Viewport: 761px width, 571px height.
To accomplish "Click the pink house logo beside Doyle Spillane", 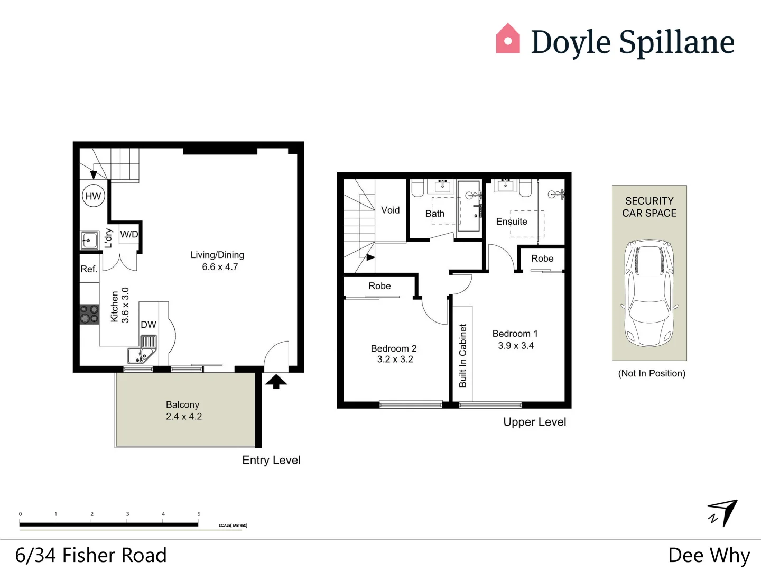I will [507, 39].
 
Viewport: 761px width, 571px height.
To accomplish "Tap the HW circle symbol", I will [93, 196].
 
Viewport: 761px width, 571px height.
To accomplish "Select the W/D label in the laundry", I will [129, 234].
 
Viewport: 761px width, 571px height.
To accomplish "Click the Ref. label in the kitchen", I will [89, 269].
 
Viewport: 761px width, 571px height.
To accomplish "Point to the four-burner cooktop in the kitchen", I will [89, 314].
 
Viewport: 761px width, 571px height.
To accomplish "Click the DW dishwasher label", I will [149, 325].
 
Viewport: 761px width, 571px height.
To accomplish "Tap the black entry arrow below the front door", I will [276, 382].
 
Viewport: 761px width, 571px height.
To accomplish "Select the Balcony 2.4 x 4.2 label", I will [183, 411].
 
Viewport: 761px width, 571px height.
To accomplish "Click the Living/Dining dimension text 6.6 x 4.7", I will [220, 267].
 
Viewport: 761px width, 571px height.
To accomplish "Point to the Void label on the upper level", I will [390, 210].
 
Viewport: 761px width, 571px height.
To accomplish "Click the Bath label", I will [435, 214].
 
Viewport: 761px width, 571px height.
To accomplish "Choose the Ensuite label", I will [511, 222].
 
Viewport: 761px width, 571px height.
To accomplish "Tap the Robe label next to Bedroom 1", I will [542, 259].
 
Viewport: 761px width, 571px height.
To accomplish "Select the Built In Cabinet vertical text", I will [463, 355].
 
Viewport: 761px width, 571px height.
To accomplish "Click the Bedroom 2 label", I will [394, 348].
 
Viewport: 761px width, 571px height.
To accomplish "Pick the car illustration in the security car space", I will [649, 293].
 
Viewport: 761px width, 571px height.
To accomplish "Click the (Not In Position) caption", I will [652, 373].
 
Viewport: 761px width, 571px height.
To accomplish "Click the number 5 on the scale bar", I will [199, 514].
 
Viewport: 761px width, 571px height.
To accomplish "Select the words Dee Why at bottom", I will [709, 555].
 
